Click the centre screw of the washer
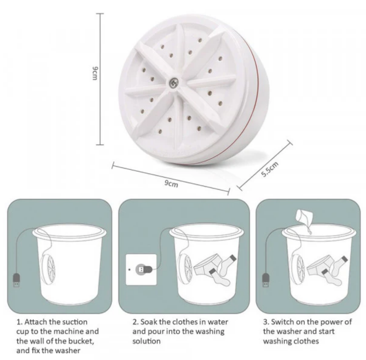(x=173, y=82)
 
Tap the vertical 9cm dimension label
(x=95, y=73)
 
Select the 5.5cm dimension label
(x=269, y=169)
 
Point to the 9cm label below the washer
(x=171, y=184)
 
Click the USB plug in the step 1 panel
(x=16, y=280)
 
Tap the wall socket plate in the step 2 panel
(x=141, y=270)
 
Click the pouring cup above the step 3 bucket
(x=304, y=217)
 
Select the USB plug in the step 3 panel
(x=266, y=280)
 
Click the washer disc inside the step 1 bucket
(x=48, y=269)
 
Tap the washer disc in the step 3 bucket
(x=297, y=269)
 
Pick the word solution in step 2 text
(x=146, y=341)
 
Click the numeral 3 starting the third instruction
(x=265, y=322)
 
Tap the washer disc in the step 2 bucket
(x=185, y=269)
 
